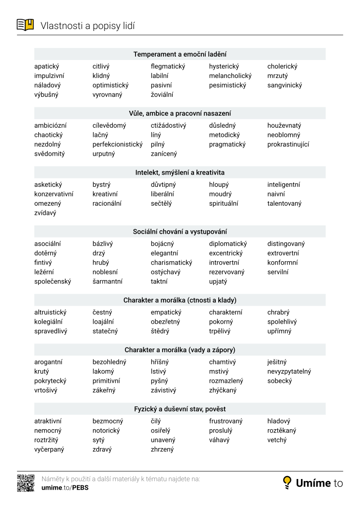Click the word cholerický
(x=282, y=66)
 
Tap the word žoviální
(x=162, y=95)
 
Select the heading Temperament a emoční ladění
(x=180, y=54)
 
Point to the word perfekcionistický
(x=118, y=144)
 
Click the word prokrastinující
(x=288, y=144)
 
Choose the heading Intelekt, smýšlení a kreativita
(x=180, y=172)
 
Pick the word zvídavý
(x=45, y=213)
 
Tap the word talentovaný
(x=284, y=204)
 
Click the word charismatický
(x=171, y=263)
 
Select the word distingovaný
(x=286, y=244)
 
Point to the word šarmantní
(x=107, y=282)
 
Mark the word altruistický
(x=50, y=313)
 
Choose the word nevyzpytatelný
(x=289, y=372)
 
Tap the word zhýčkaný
(x=223, y=390)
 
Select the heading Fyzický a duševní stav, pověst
(x=180, y=409)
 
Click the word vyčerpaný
(x=49, y=449)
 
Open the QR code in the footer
(x=26, y=483)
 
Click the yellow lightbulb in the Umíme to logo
(x=287, y=482)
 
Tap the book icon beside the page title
(x=26, y=25)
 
